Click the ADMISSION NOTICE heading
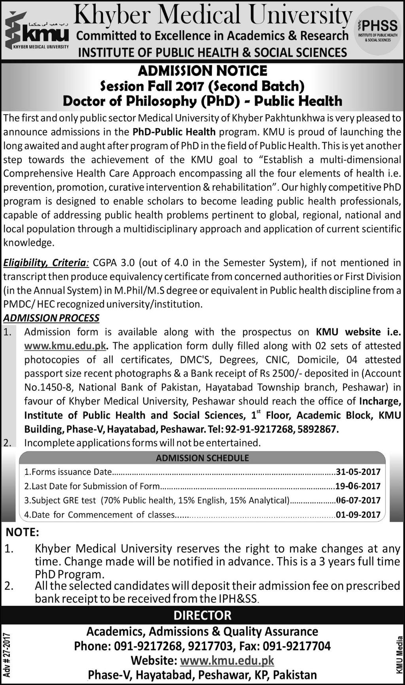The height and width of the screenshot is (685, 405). [x=202, y=71]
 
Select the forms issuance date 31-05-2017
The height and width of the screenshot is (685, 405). [x=358, y=472]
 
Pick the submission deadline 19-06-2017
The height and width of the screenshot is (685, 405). [x=358, y=486]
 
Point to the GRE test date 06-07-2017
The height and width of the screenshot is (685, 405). [x=358, y=500]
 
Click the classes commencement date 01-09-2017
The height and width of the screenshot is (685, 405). [x=358, y=514]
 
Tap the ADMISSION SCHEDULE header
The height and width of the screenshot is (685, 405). [x=202, y=458]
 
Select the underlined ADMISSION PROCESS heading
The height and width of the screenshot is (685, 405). [x=51, y=318]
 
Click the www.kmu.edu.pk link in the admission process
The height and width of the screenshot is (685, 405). [x=65, y=346]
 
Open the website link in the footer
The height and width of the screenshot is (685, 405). [x=227, y=660]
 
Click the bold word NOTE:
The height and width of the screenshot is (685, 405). [x=23, y=532]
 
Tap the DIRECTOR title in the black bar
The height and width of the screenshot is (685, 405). [x=202, y=615]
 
